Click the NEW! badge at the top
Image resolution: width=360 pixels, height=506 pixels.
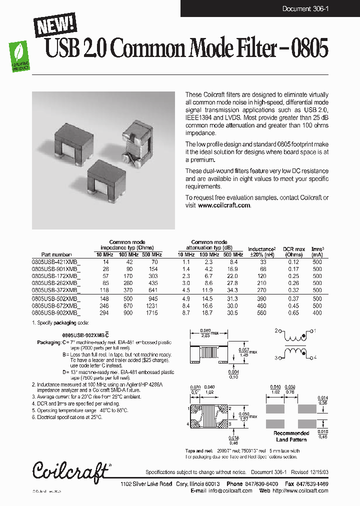tap(55, 23)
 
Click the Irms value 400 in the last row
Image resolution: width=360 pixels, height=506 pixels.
tap(317, 313)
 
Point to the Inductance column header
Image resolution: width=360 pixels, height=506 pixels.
tap(261, 249)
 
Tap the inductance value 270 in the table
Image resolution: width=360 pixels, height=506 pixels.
tap(262, 290)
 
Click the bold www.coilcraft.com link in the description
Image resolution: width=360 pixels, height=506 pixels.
tap(224, 205)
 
